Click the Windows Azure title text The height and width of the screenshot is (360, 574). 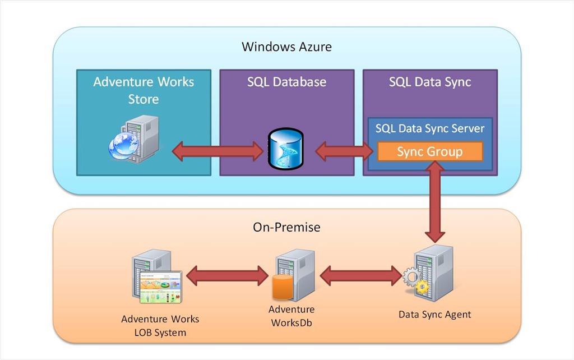tap(286, 47)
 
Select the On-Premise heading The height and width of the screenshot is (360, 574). tap(286, 227)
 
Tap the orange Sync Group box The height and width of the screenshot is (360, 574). tap(430, 152)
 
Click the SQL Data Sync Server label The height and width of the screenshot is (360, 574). tap(430, 128)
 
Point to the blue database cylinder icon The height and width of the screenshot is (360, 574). tap(286, 148)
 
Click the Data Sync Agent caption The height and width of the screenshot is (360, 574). tap(434, 315)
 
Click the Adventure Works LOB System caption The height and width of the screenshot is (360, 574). tap(160, 326)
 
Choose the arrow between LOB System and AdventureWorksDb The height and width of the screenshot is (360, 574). tap(227, 275)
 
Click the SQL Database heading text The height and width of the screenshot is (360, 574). tap(286, 82)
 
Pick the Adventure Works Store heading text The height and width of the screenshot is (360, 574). tap(143, 90)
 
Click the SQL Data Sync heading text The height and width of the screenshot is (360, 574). tap(430, 82)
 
